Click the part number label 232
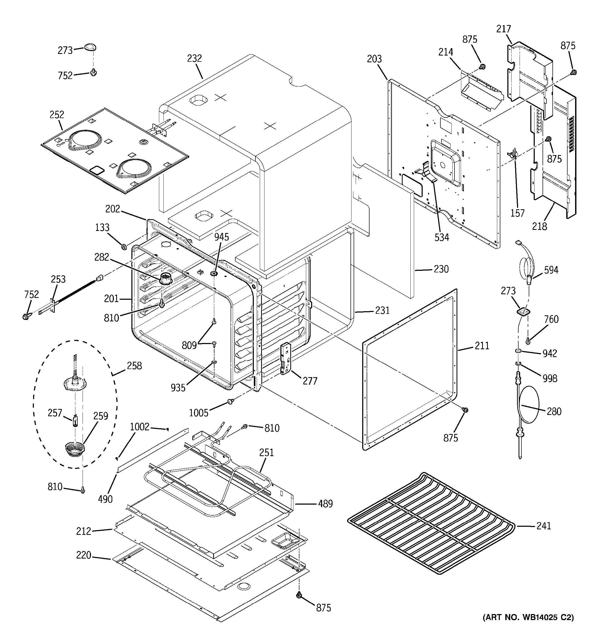[x=194, y=59]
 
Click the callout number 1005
[x=199, y=413]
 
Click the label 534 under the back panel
[x=442, y=237]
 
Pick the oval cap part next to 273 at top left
[x=90, y=47]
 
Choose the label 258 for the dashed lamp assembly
[x=134, y=366]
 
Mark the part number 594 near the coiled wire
[x=551, y=270]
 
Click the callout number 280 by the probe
[x=554, y=411]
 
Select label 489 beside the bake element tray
[x=325, y=504]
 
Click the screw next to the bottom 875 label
[x=299, y=595]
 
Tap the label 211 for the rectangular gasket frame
[x=482, y=346]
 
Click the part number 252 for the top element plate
[x=57, y=114]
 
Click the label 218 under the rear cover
[x=539, y=226]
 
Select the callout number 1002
[x=140, y=427]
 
